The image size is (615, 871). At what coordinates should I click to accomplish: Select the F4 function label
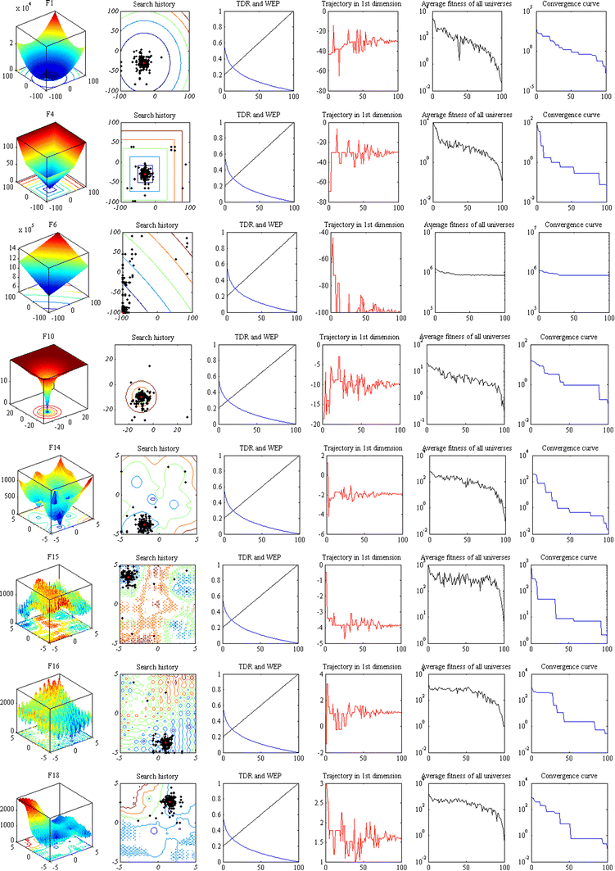click(x=50, y=114)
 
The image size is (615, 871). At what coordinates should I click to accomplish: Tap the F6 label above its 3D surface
click(x=50, y=225)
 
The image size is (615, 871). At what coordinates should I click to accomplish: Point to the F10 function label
click(x=50, y=336)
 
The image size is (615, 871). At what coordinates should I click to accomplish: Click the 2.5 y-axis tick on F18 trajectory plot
click(x=318, y=808)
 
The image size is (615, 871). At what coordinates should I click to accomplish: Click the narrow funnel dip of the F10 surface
click(x=47, y=401)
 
